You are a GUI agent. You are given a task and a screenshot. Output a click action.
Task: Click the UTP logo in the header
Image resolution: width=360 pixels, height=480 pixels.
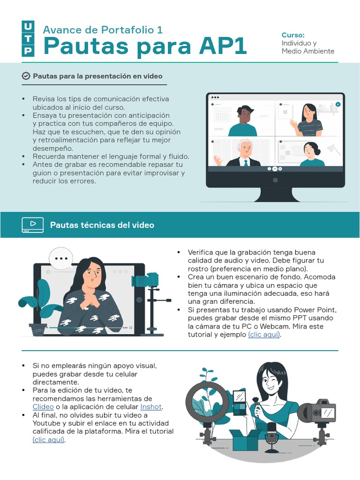point(28,38)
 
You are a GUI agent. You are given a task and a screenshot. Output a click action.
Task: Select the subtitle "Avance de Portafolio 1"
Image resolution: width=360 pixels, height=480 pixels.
point(103,30)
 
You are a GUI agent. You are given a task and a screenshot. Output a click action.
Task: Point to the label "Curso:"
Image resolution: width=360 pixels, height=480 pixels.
point(293,35)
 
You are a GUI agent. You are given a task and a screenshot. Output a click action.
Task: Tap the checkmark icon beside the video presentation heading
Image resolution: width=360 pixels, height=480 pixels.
point(26,76)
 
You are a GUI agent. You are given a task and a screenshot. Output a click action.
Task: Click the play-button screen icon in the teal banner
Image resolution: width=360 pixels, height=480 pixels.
point(32,225)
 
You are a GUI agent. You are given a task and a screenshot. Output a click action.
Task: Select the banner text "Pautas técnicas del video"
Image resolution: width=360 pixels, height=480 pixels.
point(102,225)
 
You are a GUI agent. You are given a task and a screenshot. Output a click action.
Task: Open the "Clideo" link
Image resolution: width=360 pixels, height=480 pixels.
point(43,407)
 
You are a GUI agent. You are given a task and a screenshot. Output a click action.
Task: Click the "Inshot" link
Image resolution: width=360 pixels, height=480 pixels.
point(151,407)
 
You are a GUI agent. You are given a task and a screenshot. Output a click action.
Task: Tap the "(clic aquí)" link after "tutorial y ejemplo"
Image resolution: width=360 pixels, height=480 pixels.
point(264,335)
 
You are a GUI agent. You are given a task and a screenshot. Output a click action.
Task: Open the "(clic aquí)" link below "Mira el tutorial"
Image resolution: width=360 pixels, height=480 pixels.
point(48,440)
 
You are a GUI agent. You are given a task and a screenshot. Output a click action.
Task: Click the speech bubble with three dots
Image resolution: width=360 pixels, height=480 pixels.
point(61,259)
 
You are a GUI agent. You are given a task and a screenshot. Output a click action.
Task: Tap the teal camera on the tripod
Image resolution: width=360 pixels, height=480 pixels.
point(145,280)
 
